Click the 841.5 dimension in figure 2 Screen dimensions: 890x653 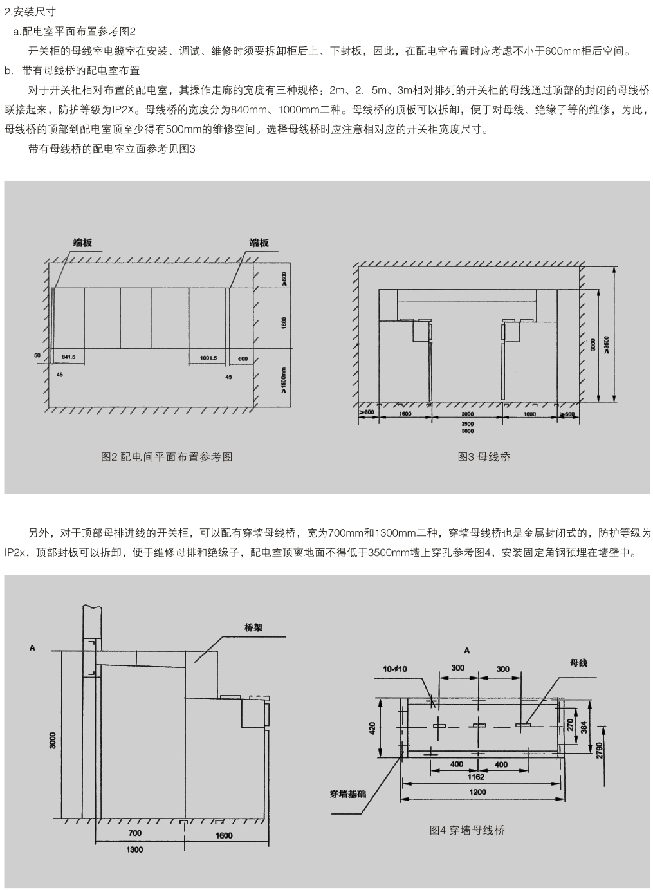coord(68,357)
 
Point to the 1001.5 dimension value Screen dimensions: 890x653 coord(208,357)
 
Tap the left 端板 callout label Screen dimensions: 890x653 coord(82,243)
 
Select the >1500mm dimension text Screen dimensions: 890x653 coord(284,381)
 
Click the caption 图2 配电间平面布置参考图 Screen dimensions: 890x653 coord(167,457)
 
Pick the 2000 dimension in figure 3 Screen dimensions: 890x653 coord(467,414)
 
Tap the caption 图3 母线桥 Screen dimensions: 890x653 coord(484,457)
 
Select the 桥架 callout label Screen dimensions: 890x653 coord(253,627)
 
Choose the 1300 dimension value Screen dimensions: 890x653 coord(134,849)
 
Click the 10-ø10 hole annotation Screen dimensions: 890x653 coord(394,669)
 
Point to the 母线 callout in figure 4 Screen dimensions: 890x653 coord(578,662)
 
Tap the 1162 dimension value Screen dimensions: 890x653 coord(476,777)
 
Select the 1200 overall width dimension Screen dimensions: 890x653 coord(476,792)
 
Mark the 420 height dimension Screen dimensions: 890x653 coord(372,728)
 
